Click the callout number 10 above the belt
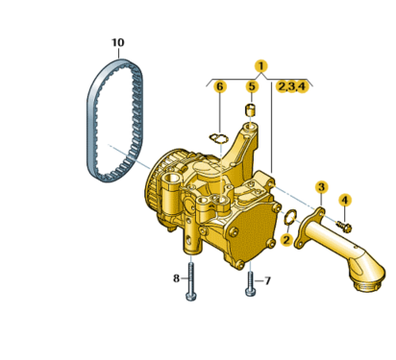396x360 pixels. (x=117, y=42)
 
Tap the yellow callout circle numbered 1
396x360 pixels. (x=261, y=66)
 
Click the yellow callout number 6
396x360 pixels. (x=220, y=86)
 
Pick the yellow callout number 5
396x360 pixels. (x=252, y=86)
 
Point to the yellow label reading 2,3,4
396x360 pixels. (x=291, y=86)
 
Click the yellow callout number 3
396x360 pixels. (x=321, y=187)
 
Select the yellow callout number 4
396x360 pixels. (x=345, y=200)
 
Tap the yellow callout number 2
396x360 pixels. (x=286, y=239)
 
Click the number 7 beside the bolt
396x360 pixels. (x=267, y=281)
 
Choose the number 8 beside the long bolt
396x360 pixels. (x=176, y=278)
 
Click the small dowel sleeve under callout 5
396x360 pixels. (x=250, y=110)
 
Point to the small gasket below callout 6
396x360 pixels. (x=219, y=138)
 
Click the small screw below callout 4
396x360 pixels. (x=344, y=226)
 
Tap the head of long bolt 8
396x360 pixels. (x=191, y=297)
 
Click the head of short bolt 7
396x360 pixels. (x=251, y=292)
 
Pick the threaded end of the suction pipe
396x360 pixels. (x=368, y=284)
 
